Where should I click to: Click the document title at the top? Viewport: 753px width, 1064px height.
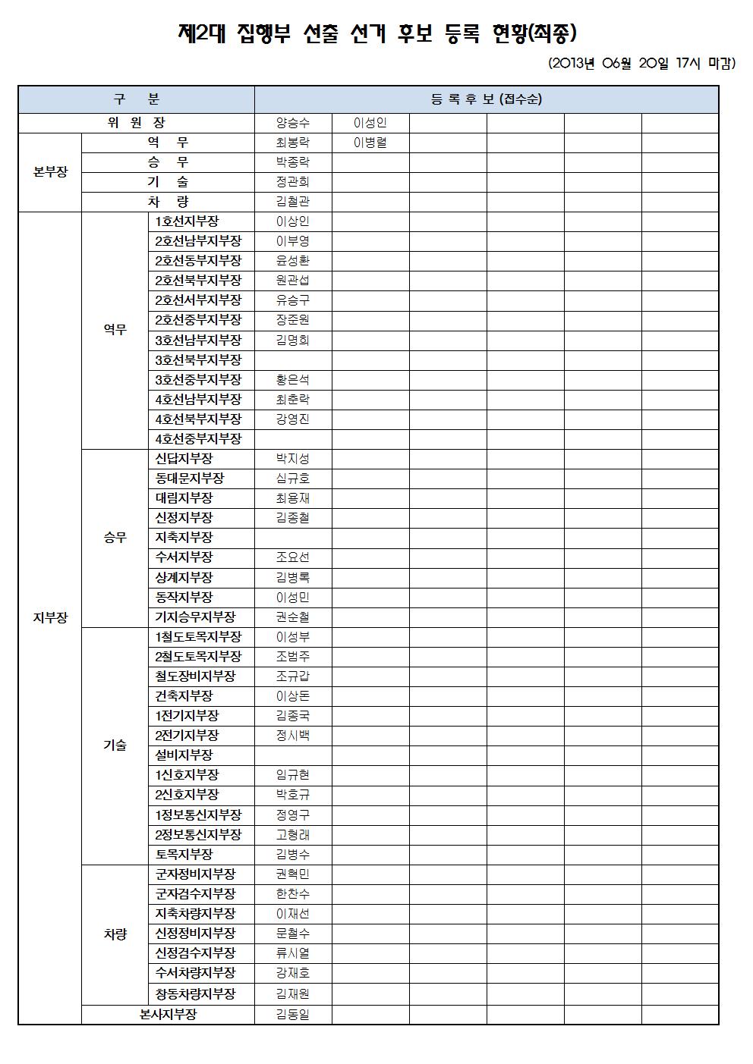(x=376, y=33)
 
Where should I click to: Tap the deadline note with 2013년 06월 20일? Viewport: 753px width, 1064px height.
(x=641, y=64)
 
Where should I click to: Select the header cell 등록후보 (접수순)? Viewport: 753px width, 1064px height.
(x=486, y=99)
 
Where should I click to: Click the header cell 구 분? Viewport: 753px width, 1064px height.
(x=137, y=99)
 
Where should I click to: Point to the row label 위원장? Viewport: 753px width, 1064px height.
(x=137, y=123)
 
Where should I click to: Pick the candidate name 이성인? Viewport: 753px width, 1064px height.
(x=370, y=123)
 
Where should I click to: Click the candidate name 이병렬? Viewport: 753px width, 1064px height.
(x=370, y=143)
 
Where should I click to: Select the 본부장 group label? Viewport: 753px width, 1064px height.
(x=50, y=172)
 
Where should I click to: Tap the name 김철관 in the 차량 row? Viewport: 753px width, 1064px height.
(x=293, y=202)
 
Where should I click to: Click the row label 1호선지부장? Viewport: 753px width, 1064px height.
(x=187, y=221)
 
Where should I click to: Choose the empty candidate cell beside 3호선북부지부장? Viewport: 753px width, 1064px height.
(x=293, y=360)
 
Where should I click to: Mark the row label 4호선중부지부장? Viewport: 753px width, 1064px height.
(x=198, y=439)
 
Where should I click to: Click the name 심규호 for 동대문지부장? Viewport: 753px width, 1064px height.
(x=293, y=479)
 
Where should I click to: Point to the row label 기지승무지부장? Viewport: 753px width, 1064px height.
(x=195, y=617)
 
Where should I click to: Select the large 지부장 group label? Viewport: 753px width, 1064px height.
(x=50, y=617)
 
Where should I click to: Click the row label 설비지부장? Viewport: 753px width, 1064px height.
(x=184, y=755)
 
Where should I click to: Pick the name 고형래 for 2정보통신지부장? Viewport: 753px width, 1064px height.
(x=293, y=834)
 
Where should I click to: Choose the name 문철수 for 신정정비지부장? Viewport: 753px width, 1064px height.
(x=293, y=934)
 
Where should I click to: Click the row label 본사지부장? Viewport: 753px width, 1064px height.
(x=169, y=1015)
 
